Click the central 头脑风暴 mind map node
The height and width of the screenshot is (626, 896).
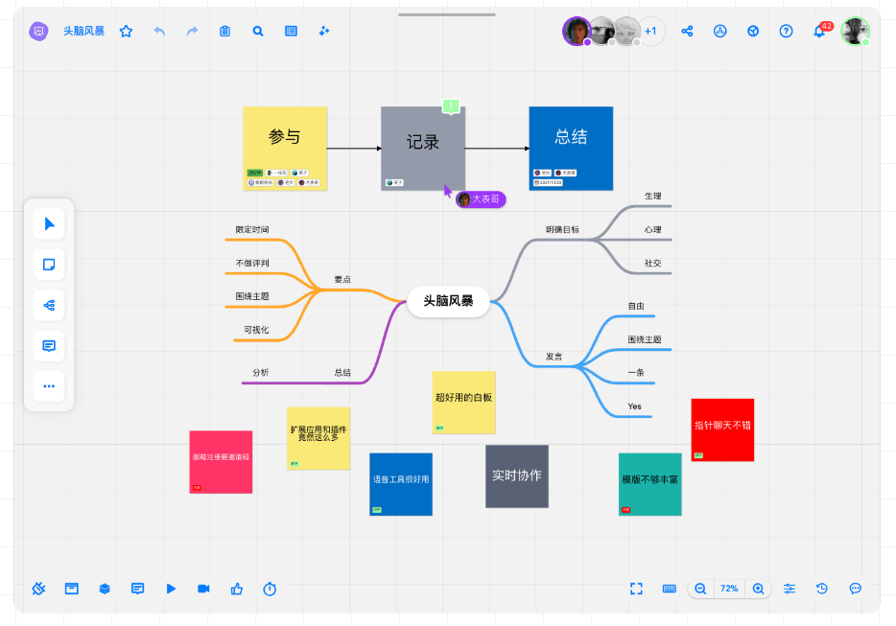point(448,300)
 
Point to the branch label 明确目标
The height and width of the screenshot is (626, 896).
point(562,229)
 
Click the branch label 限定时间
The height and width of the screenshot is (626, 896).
point(252,230)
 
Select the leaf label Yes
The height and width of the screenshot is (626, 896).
point(634,406)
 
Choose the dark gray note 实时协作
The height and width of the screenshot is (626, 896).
point(516,475)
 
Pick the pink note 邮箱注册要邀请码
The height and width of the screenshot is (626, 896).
point(221,460)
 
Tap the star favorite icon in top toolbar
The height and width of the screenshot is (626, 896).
point(126,31)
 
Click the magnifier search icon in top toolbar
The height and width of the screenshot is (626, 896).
point(258,31)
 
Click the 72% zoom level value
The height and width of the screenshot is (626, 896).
point(729,589)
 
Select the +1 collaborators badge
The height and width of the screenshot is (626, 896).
point(650,31)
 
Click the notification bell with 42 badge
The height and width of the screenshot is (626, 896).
point(819,31)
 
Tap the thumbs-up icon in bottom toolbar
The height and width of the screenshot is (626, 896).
point(236,589)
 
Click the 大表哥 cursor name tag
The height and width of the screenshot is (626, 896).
point(481,199)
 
